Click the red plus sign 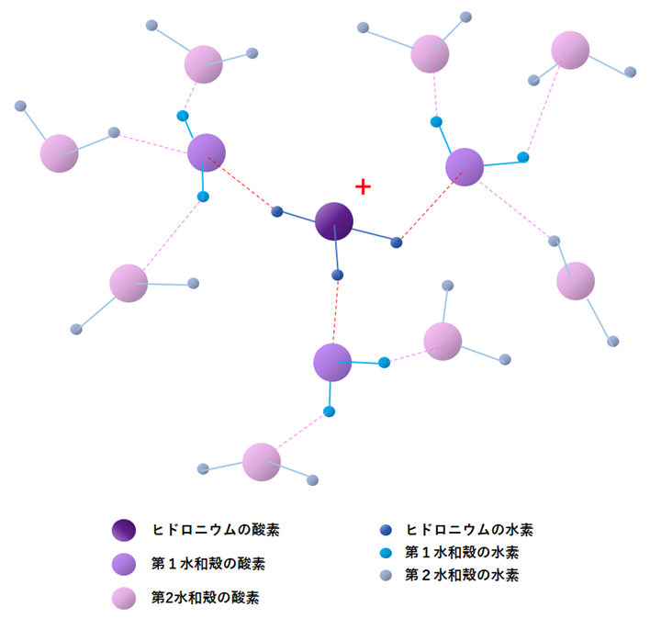tap(363, 187)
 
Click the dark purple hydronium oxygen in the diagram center tap(334, 221)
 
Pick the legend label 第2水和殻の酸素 tap(205, 598)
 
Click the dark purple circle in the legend tap(124, 530)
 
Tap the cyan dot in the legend tap(386, 553)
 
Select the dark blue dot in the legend tap(386, 530)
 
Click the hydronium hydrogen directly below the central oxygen tap(337, 275)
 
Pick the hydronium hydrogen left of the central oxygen tap(277, 212)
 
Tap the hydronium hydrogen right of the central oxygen tap(397, 242)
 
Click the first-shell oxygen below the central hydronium tap(332, 362)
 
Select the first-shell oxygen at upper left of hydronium tap(207, 152)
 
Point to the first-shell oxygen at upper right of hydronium tap(465, 166)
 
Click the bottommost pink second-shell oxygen tap(262, 462)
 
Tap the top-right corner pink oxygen tap(570, 51)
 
